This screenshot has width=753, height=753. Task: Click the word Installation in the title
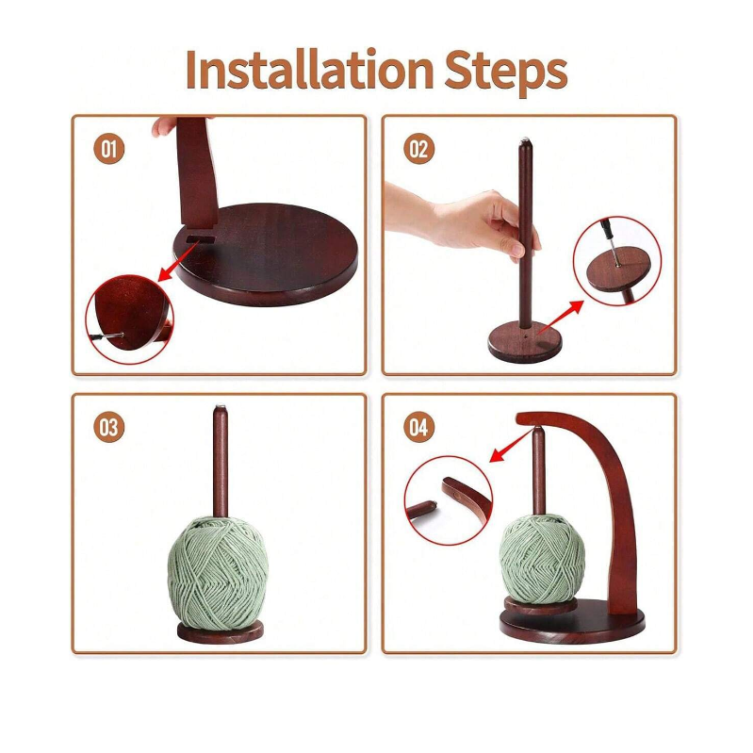click(310, 70)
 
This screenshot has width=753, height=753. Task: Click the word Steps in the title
click(506, 72)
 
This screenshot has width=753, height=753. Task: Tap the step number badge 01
click(109, 148)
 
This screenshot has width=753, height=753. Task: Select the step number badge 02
click(418, 149)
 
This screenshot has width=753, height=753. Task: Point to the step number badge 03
click(109, 427)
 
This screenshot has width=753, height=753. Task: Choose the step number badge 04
click(418, 427)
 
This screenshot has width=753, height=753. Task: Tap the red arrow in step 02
click(561, 317)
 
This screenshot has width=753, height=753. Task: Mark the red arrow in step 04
click(510, 446)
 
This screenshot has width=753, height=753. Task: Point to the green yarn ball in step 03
click(218, 572)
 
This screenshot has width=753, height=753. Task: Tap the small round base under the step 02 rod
click(524, 342)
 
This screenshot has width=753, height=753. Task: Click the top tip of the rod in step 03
click(221, 407)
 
